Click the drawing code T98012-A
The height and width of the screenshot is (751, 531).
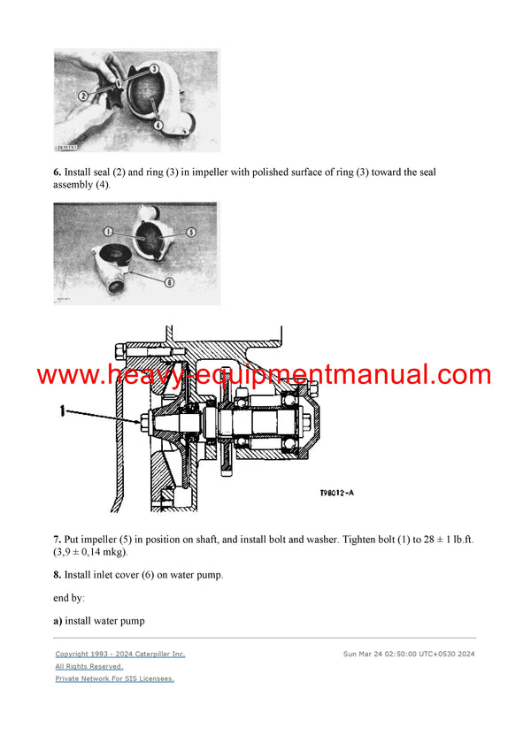(344, 495)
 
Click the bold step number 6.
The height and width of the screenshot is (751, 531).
(57, 172)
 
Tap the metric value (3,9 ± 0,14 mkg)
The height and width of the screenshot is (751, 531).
(89, 552)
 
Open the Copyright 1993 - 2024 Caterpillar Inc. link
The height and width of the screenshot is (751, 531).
(120, 654)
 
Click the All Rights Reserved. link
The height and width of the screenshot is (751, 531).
(89, 666)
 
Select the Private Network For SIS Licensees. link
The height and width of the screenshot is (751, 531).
(115, 678)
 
